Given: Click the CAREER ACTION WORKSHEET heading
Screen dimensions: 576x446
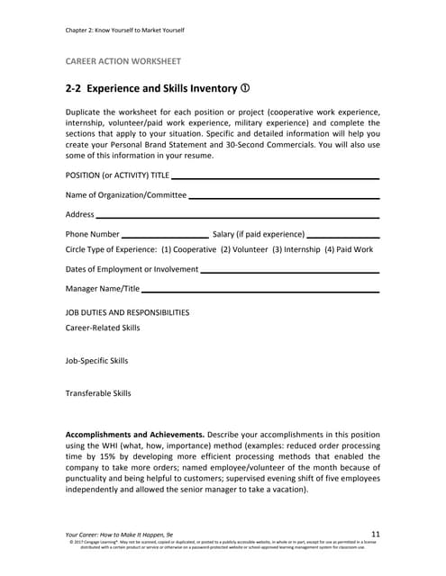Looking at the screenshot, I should point(123,61).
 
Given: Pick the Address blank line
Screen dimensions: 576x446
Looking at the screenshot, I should point(237,216).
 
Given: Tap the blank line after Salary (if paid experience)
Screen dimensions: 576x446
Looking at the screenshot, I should point(342,235).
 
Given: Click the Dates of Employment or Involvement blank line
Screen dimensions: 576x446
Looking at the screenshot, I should point(289,270).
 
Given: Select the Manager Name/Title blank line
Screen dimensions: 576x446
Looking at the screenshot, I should point(260,290).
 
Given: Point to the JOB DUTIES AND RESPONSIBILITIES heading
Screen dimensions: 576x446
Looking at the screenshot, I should point(128,312).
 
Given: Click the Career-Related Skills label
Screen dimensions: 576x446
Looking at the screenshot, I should point(103,328).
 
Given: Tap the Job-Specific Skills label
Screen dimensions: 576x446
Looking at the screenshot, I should point(96,361).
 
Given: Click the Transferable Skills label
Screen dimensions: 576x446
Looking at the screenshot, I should point(98,393).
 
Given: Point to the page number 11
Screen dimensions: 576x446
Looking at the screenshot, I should point(376,535).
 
